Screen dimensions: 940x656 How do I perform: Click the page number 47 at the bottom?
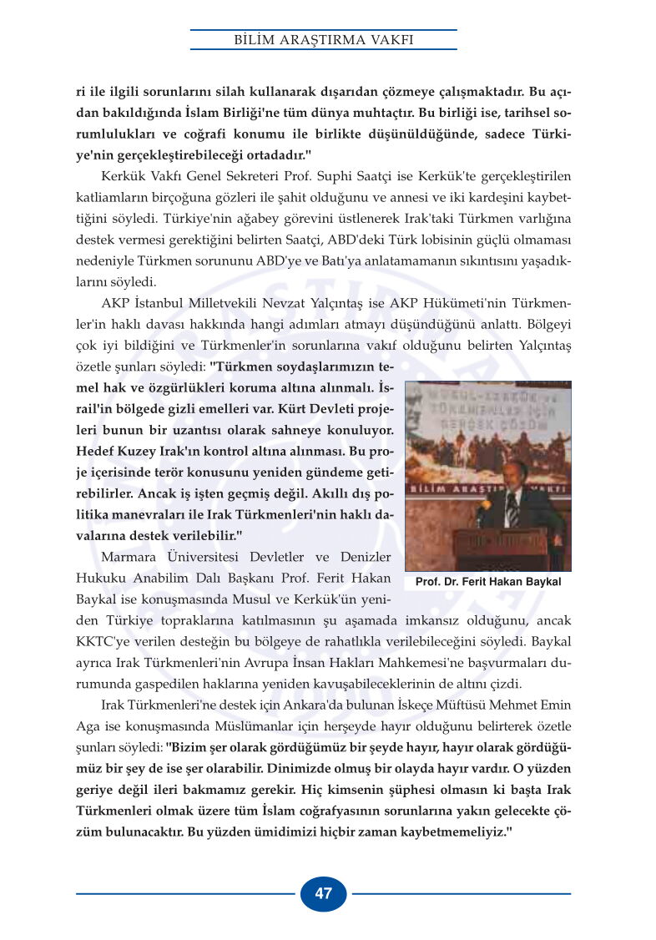coord(324,894)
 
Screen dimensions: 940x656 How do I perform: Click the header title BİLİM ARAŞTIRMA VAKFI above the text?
coord(324,40)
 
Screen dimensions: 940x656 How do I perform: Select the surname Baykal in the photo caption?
coord(541,581)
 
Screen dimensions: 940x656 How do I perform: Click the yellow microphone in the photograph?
coord(482,507)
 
